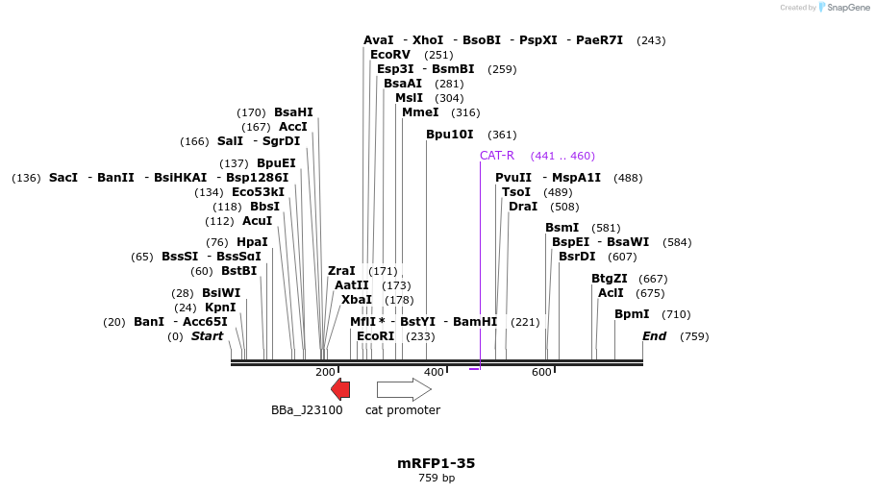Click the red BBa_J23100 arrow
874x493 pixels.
click(340, 389)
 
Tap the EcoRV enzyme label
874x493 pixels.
click(390, 55)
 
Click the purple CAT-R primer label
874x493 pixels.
click(497, 156)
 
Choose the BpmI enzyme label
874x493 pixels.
click(632, 314)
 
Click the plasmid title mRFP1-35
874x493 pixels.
click(437, 463)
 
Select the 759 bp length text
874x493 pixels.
click(437, 478)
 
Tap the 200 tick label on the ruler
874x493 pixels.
click(325, 372)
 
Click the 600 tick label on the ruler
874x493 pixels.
click(541, 372)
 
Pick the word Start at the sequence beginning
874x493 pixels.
click(207, 336)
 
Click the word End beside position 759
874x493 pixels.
click(654, 336)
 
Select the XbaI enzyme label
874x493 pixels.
click(356, 300)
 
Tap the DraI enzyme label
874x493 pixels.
click(523, 207)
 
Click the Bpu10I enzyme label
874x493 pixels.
click(450, 135)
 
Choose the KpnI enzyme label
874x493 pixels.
click(220, 308)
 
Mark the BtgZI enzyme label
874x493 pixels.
click(609, 279)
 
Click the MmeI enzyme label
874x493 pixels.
click(420, 112)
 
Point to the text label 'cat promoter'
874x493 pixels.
click(403, 410)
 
